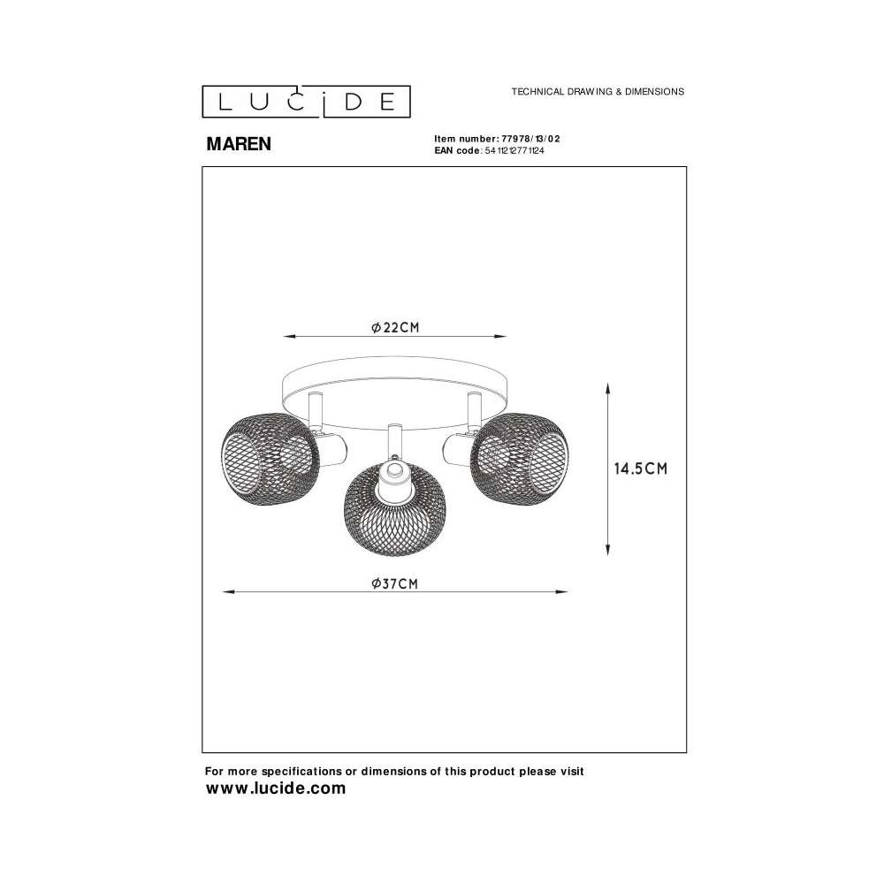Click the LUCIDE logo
(306, 102)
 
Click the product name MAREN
(239, 144)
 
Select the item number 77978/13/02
(530, 139)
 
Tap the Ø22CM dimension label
(395, 328)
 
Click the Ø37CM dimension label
(394, 583)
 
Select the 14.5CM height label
(640, 469)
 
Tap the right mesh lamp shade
(519, 453)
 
